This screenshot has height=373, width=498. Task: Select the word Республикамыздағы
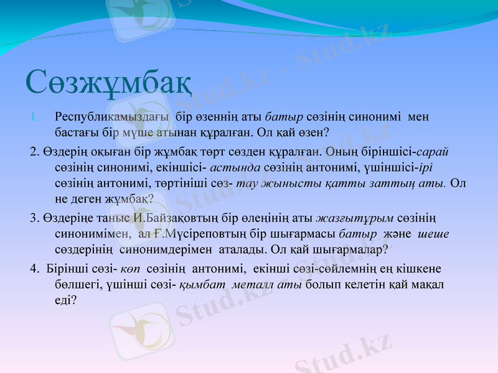point(113,117)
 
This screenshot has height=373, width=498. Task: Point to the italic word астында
point(235,168)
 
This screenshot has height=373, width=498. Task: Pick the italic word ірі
point(429,168)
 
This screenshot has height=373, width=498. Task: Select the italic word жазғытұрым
point(354,218)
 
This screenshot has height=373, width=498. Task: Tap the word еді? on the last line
point(65,300)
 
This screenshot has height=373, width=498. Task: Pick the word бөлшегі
point(75,285)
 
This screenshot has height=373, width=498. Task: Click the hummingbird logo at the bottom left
point(138,330)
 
